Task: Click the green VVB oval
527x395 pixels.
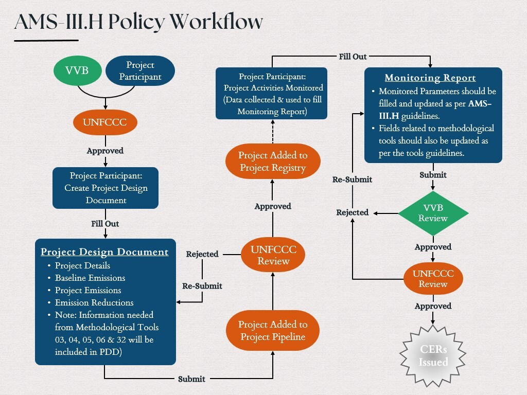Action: click(x=77, y=70)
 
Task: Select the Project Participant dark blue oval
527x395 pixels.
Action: click(x=140, y=70)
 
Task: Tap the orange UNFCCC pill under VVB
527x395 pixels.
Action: click(x=106, y=123)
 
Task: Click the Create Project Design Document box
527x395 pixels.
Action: click(x=106, y=188)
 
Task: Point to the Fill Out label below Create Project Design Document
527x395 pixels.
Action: click(x=106, y=224)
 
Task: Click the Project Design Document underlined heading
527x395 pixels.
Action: click(x=104, y=252)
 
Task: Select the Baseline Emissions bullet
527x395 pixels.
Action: click(x=90, y=278)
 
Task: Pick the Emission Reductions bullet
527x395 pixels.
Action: click(x=94, y=302)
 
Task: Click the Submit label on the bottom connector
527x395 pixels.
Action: click(x=191, y=379)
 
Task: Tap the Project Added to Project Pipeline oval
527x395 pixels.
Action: click(x=272, y=331)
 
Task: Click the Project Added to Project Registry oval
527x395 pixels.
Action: click(x=272, y=161)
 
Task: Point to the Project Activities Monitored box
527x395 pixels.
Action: click(x=271, y=93)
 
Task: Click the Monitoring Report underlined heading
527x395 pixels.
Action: click(x=430, y=78)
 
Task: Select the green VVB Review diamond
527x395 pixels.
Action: click(x=433, y=212)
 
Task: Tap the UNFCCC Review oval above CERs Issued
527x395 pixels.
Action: click(x=433, y=278)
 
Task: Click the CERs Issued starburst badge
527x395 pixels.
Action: click(x=433, y=355)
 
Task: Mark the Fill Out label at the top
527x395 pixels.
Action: click(x=353, y=56)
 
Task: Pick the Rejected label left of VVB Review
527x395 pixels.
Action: click(x=353, y=212)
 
